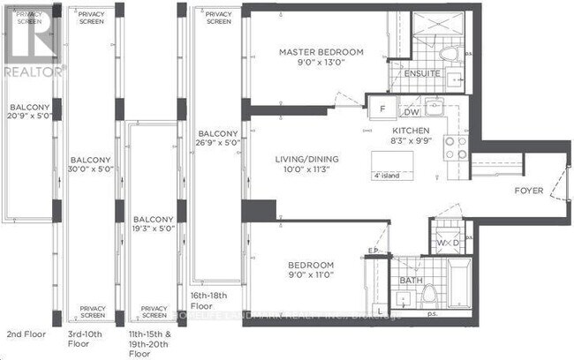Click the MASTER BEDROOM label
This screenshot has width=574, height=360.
[x=315, y=52]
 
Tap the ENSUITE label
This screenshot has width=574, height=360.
[x=420, y=74]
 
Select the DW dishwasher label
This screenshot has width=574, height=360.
[x=410, y=112]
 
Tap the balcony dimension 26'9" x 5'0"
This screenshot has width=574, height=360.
[x=216, y=148]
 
